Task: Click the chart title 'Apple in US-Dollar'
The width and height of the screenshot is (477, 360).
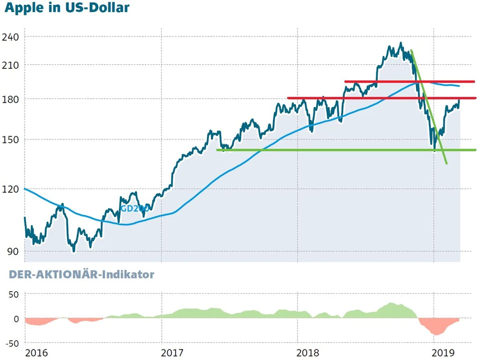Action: pyautogui.click(x=67, y=9)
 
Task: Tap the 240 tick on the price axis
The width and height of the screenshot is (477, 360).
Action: pyautogui.click(x=11, y=37)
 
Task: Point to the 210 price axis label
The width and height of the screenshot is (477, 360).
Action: pyautogui.click(x=11, y=65)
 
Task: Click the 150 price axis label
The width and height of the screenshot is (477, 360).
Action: pyautogui.click(x=11, y=140)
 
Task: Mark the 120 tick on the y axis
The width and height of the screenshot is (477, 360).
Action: pyautogui.click(x=11, y=189)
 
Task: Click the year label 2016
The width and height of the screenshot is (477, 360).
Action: pyautogui.click(x=37, y=353)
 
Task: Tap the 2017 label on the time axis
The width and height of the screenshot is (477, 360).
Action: pyautogui.click(x=173, y=353)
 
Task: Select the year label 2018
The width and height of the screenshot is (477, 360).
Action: pyautogui.click(x=309, y=353)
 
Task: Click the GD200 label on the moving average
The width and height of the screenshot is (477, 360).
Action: pyautogui.click(x=135, y=209)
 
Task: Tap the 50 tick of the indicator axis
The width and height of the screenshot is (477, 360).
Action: pyautogui.click(x=13, y=294)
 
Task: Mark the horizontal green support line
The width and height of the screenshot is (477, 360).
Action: pyautogui.click(x=334, y=150)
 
